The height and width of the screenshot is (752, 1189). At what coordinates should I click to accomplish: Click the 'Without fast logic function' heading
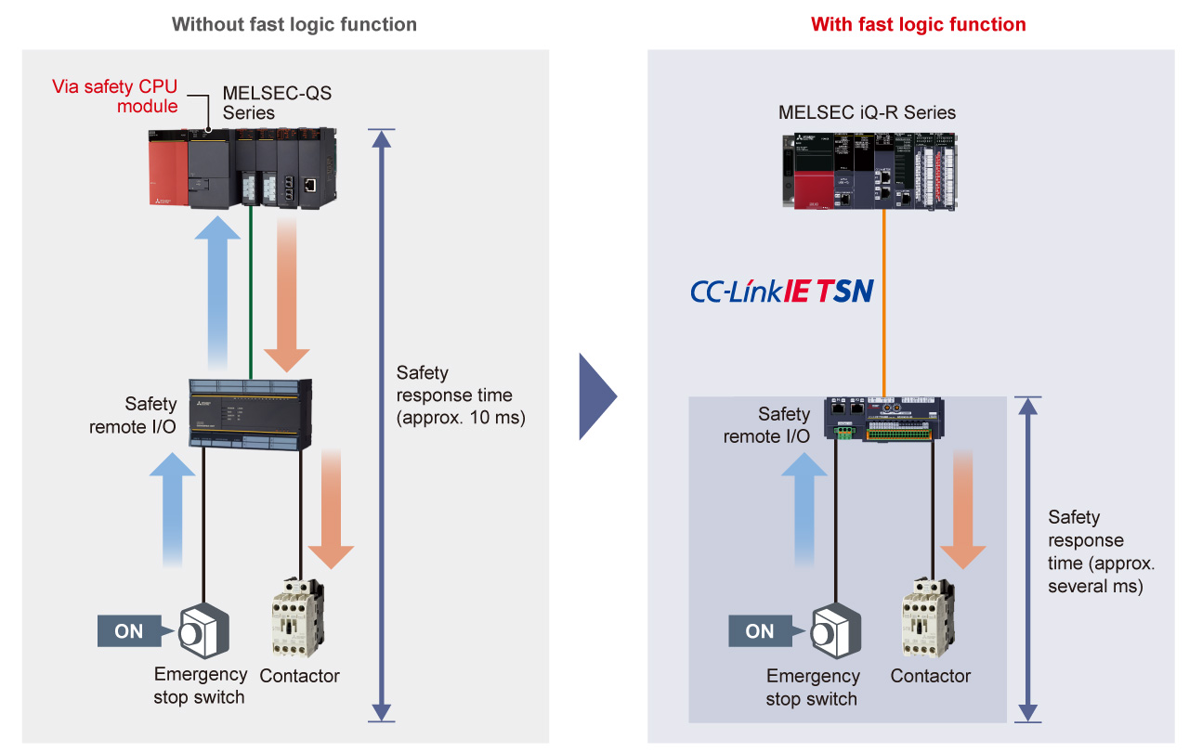294,24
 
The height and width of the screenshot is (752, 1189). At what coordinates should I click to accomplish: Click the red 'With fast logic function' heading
918,24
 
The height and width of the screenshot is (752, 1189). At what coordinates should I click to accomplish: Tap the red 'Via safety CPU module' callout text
114,97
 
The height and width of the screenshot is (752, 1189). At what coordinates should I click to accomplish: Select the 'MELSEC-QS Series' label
276,103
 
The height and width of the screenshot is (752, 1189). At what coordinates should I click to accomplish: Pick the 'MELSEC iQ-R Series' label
867,112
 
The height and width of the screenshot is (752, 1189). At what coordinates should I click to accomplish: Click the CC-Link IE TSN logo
781,292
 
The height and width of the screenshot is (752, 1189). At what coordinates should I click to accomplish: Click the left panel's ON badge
129,631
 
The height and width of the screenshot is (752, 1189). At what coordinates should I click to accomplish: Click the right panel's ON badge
759,631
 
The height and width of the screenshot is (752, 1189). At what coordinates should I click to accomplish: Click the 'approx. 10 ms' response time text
461,418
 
